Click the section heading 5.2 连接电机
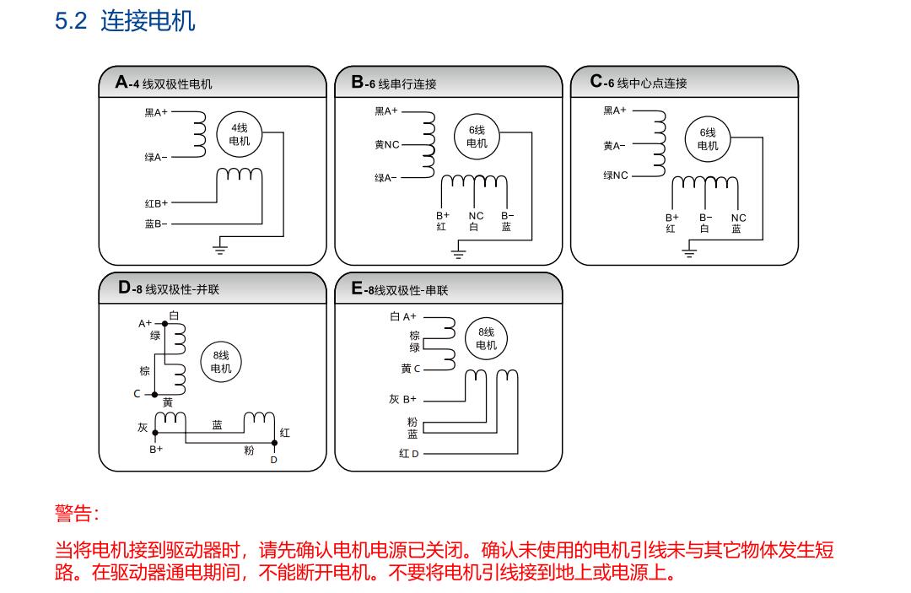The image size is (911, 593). click(125, 21)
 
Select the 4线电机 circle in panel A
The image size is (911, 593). click(240, 135)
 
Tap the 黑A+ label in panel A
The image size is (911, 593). click(156, 111)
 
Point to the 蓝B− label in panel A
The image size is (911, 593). click(156, 224)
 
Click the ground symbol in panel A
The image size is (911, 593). click(220, 248)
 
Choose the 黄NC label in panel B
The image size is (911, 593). click(387, 144)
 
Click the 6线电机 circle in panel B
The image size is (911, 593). click(477, 136)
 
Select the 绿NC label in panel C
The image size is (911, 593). click(616, 175)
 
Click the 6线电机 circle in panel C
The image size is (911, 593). click(708, 138)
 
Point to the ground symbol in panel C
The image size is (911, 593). click(689, 251)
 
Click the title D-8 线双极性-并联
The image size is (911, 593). click(170, 289)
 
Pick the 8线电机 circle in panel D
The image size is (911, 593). click(220, 362)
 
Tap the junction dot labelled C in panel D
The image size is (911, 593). click(154, 394)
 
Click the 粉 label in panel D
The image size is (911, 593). click(249, 450)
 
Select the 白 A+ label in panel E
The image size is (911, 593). click(403, 316)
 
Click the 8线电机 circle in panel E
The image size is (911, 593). click(487, 338)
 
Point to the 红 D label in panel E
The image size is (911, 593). click(409, 454)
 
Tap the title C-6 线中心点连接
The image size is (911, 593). click(639, 83)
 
